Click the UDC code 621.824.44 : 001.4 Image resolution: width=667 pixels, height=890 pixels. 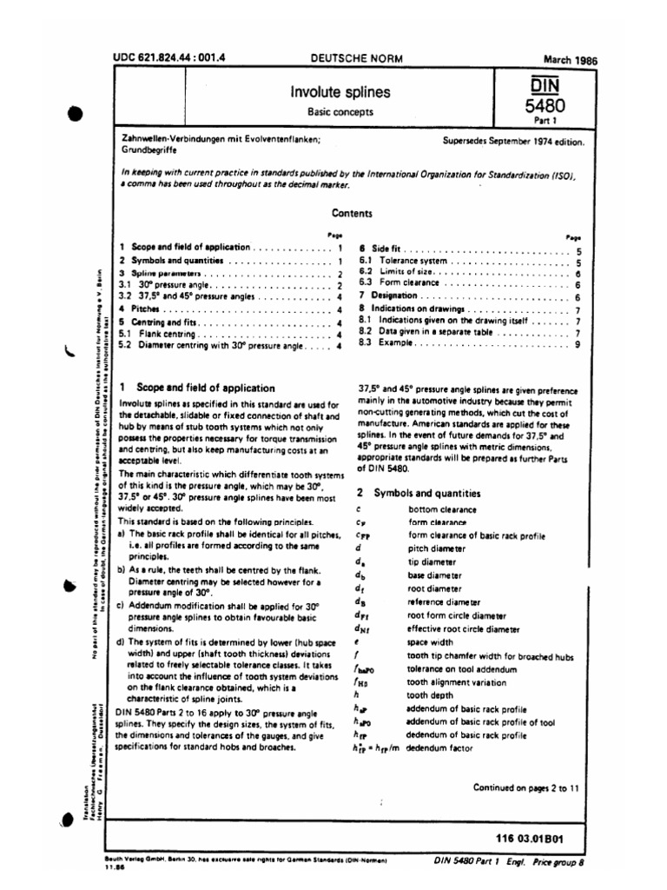click(168, 58)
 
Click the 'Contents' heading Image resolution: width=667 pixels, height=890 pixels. click(352, 213)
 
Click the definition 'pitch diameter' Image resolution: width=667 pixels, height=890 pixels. click(436, 549)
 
